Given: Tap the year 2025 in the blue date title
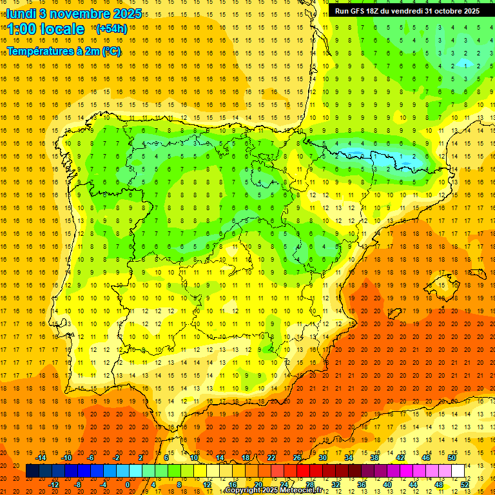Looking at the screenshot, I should coord(127,13).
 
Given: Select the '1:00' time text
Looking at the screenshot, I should coord(21,29).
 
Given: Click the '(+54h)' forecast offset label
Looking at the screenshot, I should coord(111,29).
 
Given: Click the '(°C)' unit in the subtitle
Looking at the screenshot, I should coord(112,51).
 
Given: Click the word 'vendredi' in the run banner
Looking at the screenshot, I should coord(404,10).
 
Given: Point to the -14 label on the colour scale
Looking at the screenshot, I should coord(41,458).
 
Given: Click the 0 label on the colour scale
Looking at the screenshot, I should coord(128,485).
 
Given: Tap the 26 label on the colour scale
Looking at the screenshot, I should coord(297,458).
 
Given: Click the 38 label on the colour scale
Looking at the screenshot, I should coord(374,458).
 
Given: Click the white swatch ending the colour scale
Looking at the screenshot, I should coord(458,471).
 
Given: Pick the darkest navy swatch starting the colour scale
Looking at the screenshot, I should coord(32,471).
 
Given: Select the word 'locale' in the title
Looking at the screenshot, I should coord(62,29).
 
